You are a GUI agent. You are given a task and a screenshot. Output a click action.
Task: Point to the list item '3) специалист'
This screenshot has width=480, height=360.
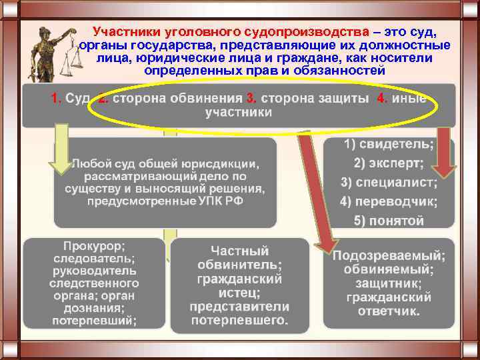(x=389, y=182)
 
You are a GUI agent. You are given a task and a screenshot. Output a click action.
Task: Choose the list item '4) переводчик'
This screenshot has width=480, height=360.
(x=389, y=201)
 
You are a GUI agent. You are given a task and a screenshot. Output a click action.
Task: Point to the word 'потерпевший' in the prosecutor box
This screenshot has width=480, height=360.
(x=96, y=321)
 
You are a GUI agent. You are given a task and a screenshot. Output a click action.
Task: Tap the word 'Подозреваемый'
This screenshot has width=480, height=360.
(x=389, y=256)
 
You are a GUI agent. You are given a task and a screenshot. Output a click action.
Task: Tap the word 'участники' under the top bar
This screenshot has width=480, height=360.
(x=239, y=113)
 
